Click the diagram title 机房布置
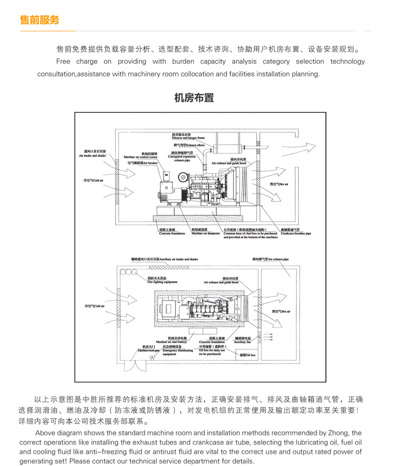tap(194, 98)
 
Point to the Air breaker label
tap(143, 163)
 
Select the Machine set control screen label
tap(140, 155)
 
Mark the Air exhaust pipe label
tap(270, 260)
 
